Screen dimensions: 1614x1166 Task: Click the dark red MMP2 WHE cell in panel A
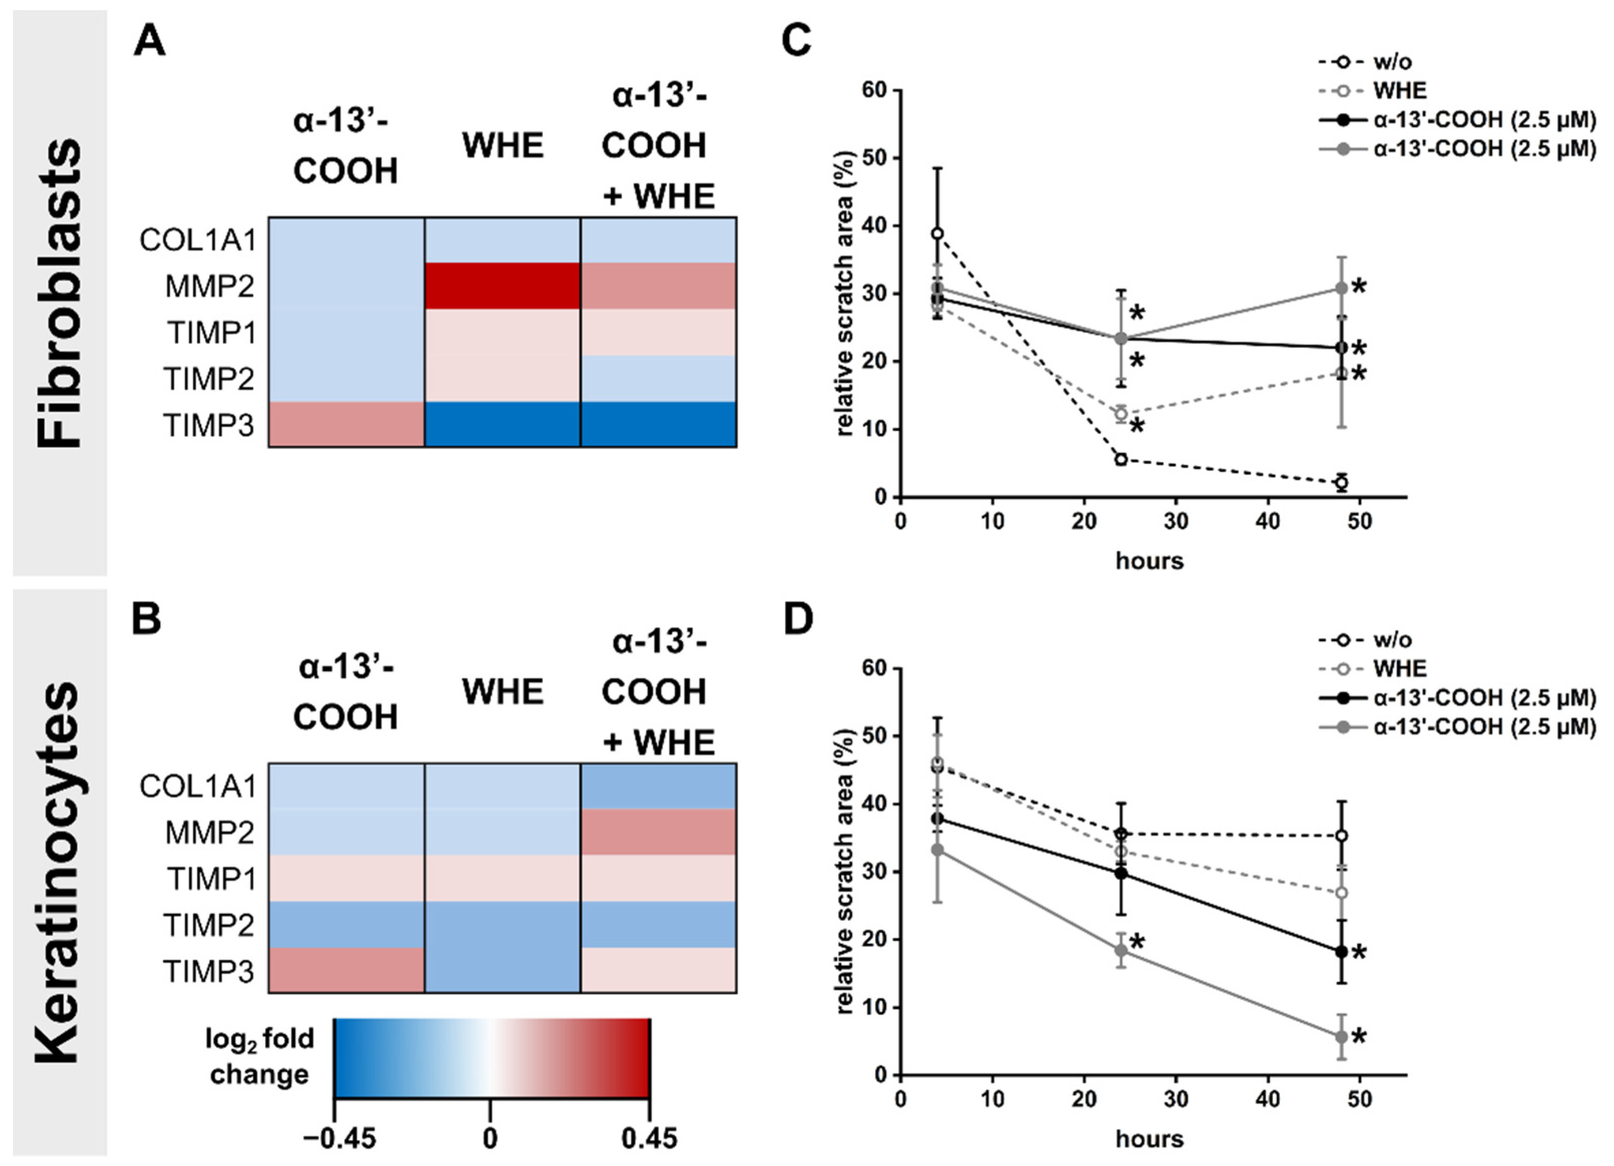click(x=503, y=286)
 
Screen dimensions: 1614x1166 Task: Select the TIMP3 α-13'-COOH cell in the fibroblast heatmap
click(x=346, y=425)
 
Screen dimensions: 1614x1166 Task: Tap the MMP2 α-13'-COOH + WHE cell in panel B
click(x=658, y=832)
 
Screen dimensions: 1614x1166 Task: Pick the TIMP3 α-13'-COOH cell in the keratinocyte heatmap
click(x=346, y=970)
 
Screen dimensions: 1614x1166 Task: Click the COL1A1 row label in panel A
click(x=198, y=241)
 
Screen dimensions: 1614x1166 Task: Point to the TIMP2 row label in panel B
click(x=209, y=925)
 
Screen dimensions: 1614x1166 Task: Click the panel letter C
click(x=796, y=41)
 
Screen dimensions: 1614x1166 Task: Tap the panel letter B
click(x=147, y=619)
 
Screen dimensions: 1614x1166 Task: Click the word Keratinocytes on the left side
click(x=58, y=872)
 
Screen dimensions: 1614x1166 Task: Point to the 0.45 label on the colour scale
click(x=649, y=1139)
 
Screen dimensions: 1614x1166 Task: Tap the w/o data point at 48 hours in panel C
click(x=1342, y=483)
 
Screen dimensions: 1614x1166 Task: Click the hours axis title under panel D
click(x=1149, y=1139)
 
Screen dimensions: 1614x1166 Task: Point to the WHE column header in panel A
click(x=503, y=146)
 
